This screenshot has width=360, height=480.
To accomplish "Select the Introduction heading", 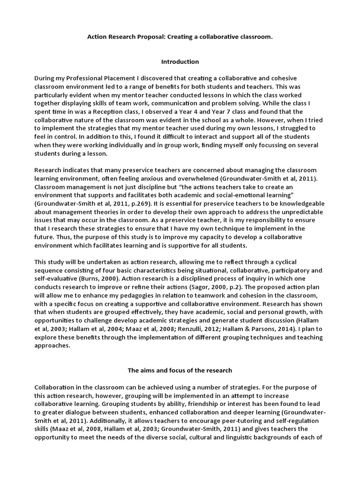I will (x=180, y=61).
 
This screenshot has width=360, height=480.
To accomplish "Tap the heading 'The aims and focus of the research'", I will (x=180, y=370).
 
